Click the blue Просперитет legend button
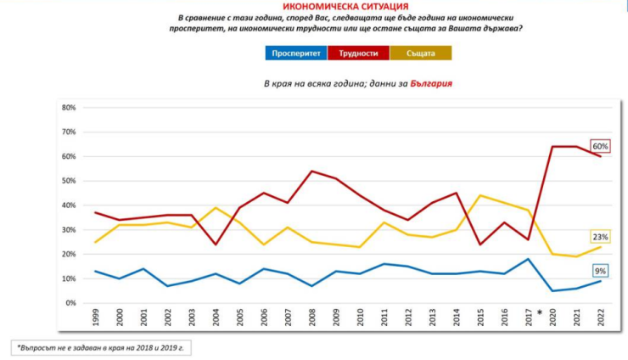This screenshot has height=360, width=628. pos(296,53)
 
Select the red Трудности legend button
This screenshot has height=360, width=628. pos(359,53)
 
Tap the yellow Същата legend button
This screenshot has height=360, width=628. pos(421,53)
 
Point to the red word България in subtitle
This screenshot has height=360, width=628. pos(430,83)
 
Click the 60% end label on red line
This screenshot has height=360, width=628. pos(600,146)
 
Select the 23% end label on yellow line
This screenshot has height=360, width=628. pos(601,237)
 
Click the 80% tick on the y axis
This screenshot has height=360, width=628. pos(69,108)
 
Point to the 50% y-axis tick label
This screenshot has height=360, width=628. pos(69,181)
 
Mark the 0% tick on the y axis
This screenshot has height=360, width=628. pos(71,303)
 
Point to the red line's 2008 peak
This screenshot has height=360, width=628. pos(311,172)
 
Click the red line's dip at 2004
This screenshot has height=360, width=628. pos(216,245)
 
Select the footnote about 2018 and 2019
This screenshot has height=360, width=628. pos(99,347)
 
